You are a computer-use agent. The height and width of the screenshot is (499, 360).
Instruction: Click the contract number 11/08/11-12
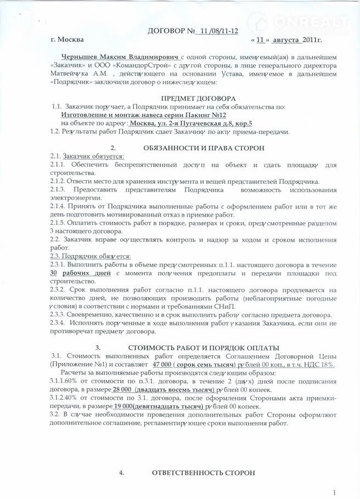(220, 31)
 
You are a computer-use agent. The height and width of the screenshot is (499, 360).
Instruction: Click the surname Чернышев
(82, 57)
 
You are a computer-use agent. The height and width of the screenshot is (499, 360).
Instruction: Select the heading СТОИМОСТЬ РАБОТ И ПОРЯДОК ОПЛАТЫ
(204, 348)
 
